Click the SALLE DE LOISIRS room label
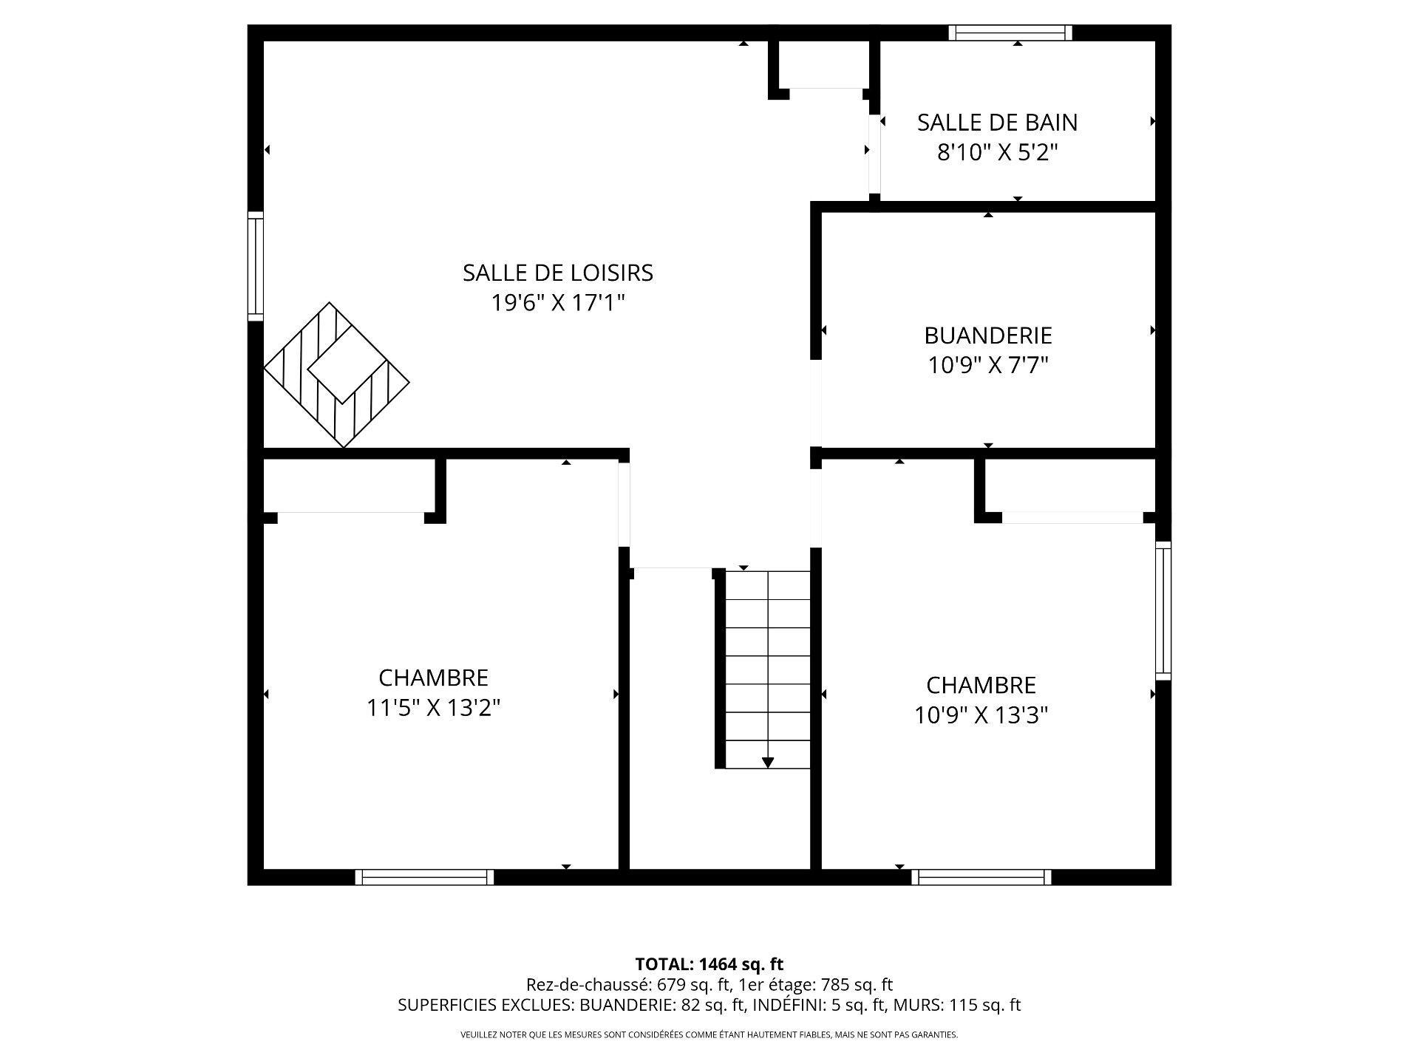point(558,273)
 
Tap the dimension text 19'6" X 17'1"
point(558,303)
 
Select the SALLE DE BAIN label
point(997,123)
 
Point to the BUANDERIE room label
point(987,335)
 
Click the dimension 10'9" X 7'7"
point(987,366)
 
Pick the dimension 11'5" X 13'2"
point(434,709)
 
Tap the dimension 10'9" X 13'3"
point(981,715)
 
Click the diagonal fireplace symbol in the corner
point(336,375)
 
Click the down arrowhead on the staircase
point(768,763)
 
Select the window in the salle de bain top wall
point(1010,33)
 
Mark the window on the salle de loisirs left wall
point(255,266)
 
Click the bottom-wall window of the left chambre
point(424,877)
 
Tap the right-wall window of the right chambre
point(1163,610)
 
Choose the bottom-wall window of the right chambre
point(981,877)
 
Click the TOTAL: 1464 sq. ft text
point(709,964)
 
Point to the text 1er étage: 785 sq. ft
point(817,985)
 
